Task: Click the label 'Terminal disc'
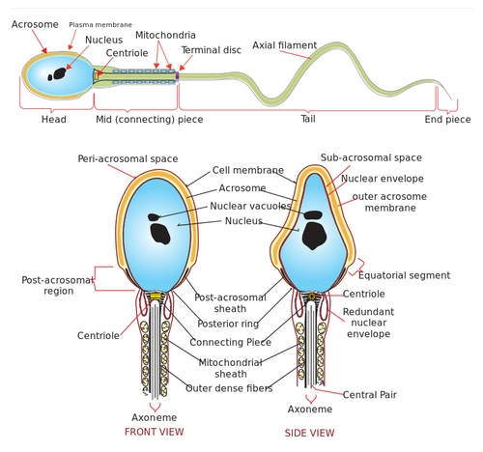point(211,50)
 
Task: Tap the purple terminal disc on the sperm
point(177,76)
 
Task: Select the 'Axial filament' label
point(285,45)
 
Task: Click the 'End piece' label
point(447,120)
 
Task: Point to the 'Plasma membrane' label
point(100,25)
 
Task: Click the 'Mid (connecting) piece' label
point(150,120)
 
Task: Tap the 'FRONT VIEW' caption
point(155,432)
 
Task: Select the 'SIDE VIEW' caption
point(309,433)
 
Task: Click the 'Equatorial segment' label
point(405,275)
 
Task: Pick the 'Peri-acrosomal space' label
point(128,158)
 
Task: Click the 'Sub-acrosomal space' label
point(371,157)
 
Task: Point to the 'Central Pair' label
point(370,395)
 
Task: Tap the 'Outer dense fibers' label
point(229,388)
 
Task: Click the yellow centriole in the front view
point(156,297)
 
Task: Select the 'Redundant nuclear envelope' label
point(368,323)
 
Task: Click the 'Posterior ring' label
point(228,324)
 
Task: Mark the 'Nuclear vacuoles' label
point(250,206)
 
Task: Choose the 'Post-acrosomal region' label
point(58,285)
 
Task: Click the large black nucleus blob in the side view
point(314,236)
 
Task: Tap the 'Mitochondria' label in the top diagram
point(165,35)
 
